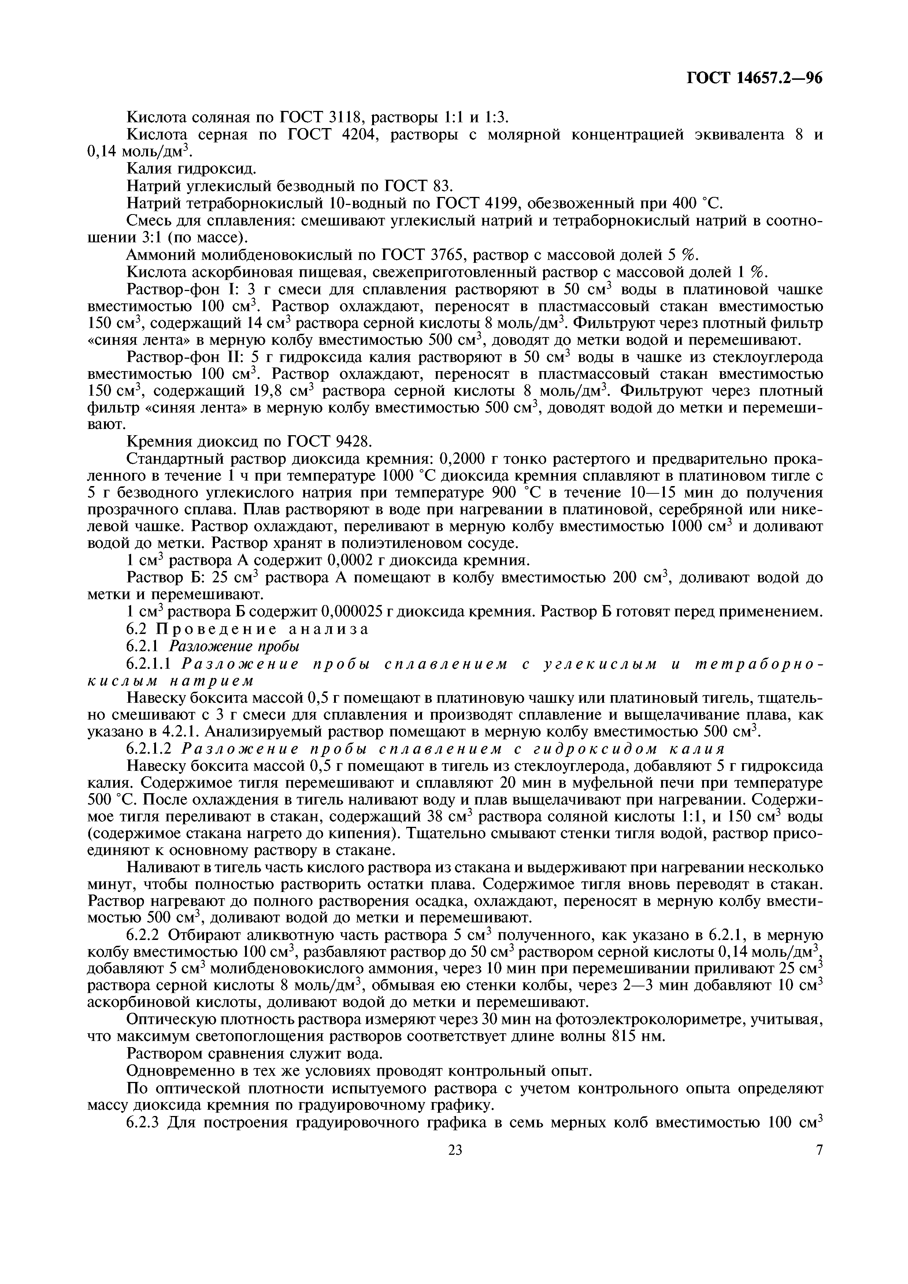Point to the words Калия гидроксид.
click(x=184, y=168)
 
